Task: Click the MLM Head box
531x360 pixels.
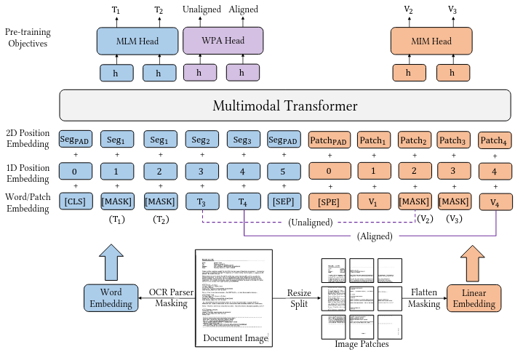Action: coord(137,41)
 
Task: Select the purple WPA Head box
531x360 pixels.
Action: coord(223,41)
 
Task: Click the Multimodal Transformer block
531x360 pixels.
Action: coord(284,106)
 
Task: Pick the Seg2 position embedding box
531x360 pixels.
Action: coord(201,140)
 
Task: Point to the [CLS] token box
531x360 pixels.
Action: coord(75,200)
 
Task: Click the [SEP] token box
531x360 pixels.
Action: coord(284,200)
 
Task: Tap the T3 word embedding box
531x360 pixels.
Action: coord(201,200)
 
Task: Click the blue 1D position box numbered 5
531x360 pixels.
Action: coord(284,172)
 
